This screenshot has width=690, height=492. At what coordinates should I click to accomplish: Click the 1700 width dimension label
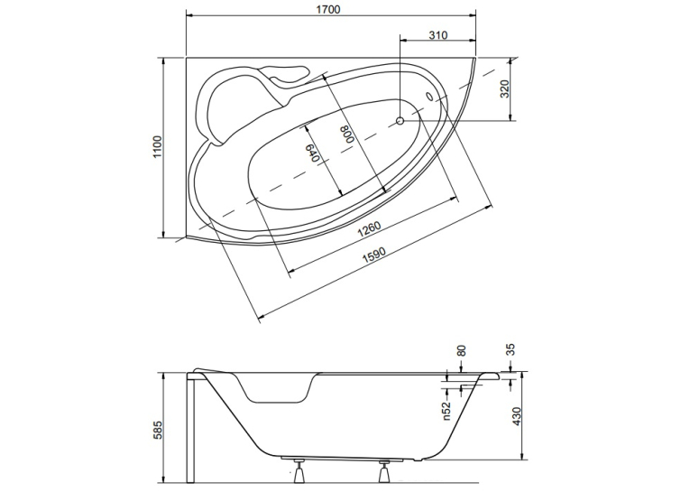[328, 9]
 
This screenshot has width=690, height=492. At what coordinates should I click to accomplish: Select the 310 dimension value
[438, 35]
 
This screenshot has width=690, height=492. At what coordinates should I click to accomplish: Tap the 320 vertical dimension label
[505, 89]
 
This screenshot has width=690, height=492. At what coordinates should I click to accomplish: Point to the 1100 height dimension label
[158, 147]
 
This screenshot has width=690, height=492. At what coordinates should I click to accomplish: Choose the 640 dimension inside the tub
[311, 153]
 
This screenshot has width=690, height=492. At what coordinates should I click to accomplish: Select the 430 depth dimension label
[517, 416]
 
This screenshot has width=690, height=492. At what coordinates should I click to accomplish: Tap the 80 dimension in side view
[461, 350]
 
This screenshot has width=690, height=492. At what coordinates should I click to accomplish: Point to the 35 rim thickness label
[511, 349]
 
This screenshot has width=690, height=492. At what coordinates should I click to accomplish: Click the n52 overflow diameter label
[447, 412]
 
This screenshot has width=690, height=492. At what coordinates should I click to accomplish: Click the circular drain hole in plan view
[400, 120]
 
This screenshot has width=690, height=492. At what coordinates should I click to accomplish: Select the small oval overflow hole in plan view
[429, 96]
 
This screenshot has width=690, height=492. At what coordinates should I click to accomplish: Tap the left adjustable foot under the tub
[299, 471]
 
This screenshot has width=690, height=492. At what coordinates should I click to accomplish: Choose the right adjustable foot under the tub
[383, 471]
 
